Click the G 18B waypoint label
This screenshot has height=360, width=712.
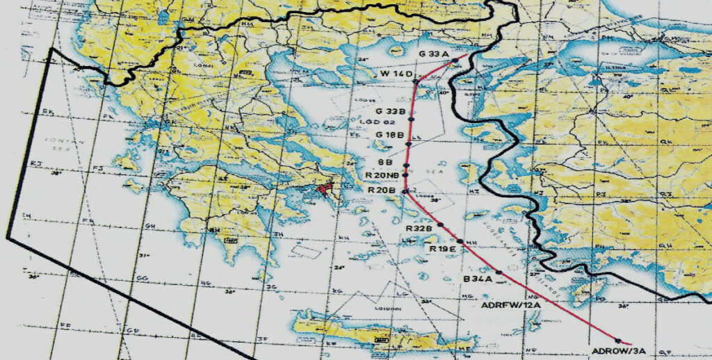pos(389,134)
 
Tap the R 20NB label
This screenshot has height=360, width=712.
pos(383,175)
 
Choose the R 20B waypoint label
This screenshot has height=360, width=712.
pos(381,190)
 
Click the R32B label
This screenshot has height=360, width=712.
pos(419,228)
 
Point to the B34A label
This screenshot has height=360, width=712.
pos(478,279)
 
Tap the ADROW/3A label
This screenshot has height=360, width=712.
pos(611,351)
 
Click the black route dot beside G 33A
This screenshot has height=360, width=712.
pos(454,61)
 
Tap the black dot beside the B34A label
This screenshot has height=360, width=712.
pos(499,271)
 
